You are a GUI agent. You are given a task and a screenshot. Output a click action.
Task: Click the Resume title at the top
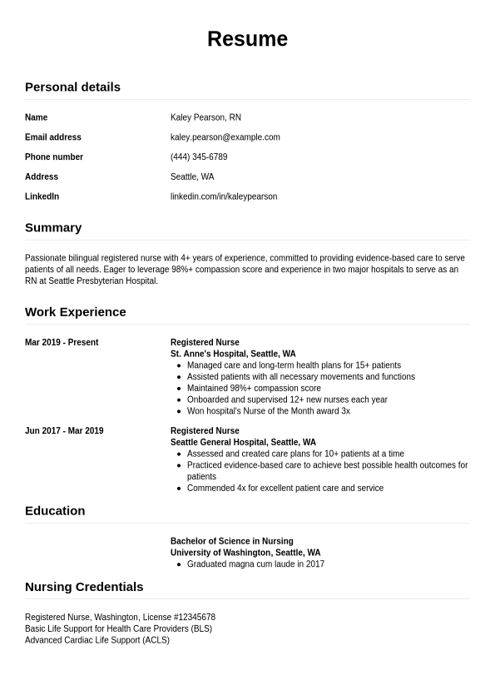[x=247, y=39]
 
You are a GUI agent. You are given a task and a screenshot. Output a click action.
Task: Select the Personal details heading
[x=72, y=87]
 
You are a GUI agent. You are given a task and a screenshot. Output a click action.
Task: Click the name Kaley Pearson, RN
[x=205, y=117]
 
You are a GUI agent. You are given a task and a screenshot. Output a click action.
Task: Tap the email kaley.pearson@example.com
[x=225, y=137]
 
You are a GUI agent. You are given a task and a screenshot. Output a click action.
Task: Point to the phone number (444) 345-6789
[x=199, y=156]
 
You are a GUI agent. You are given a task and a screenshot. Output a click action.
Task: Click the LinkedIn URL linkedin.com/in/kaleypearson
[x=224, y=196]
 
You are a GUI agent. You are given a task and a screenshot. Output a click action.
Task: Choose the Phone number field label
[x=54, y=156]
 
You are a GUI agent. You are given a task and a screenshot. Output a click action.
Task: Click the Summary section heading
[x=53, y=227]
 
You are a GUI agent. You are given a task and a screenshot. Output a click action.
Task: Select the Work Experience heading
[x=76, y=311]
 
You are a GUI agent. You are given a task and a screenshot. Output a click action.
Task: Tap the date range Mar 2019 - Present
[x=62, y=342]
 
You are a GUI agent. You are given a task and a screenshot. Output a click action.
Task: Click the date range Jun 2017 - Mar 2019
[x=64, y=431]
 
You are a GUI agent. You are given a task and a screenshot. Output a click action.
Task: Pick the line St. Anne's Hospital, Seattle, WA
[x=233, y=354]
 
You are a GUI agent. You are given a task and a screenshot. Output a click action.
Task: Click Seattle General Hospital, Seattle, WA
[x=243, y=442]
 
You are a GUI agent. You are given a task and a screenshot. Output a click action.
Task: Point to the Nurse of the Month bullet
[x=268, y=411]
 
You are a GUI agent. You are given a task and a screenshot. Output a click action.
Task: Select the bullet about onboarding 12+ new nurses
[x=287, y=400]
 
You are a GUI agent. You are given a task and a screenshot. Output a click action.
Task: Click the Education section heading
[x=55, y=510]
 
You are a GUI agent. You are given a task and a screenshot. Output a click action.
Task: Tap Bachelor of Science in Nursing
[x=232, y=541]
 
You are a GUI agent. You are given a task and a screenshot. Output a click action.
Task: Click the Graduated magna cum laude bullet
[x=255, y=564]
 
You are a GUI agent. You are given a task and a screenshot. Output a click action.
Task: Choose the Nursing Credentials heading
[x=84, y=587]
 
